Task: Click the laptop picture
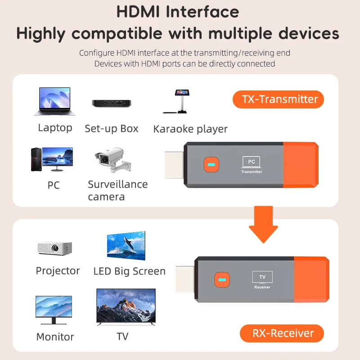[x=54, y=101]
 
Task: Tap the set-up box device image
[x=111, y=103]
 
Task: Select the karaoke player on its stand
[x=181, y=102]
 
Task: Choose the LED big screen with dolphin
[x=126, y=247]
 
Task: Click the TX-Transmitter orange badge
[x=278, y=99]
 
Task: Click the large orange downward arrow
[x=263, y=224]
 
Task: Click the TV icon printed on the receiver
[x=262, y=277]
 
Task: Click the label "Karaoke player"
[x=190, y=129]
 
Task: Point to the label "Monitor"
[x=55, y=337]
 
